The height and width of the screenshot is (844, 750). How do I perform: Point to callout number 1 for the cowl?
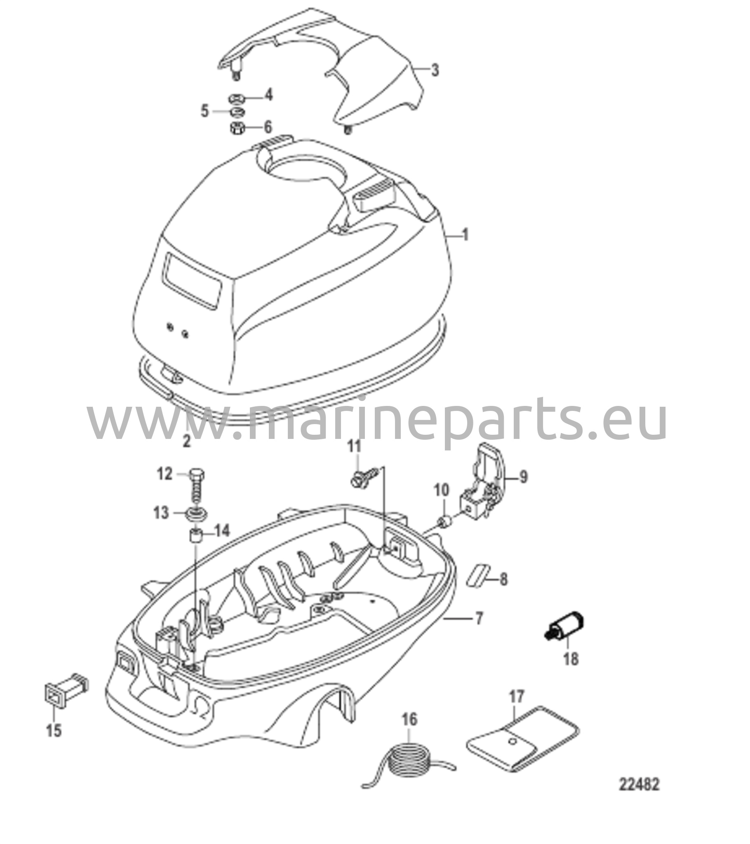pyautogui.click(x=465, y=235)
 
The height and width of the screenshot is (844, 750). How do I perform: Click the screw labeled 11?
pyautogui.click(x=364, y=477)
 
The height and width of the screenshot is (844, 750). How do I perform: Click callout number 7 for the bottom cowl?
pyautogui.click(x=478, y=631)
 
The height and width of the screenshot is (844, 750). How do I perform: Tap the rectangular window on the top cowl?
pyautogui.click(x=193, y=280)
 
